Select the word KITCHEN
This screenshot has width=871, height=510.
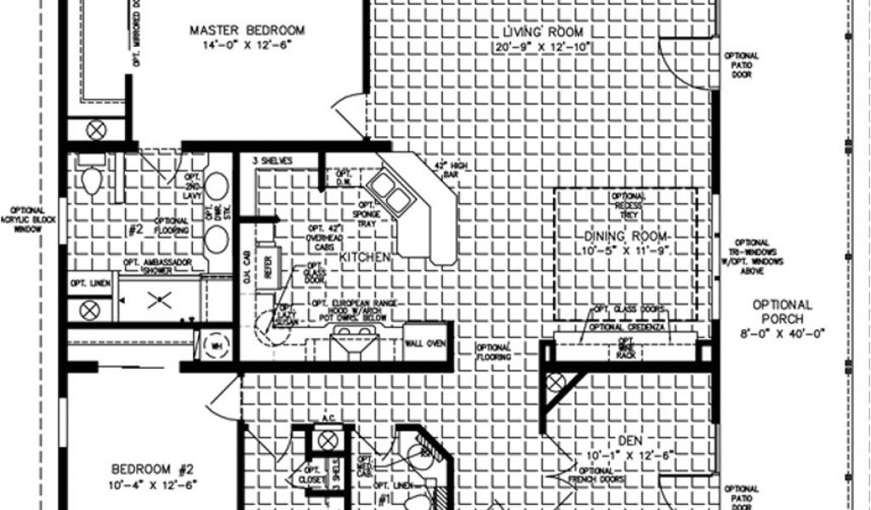pyautogui.click(x=365, y=256)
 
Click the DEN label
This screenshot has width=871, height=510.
pyautogui.click(x=629, y=440)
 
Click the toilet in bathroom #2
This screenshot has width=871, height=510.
pyautogui.click(x=91, y=178)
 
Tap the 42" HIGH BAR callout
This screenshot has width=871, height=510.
pyautogui.click(x=446, y=168)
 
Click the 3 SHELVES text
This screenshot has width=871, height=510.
pyautogui.click(x=272, y=160)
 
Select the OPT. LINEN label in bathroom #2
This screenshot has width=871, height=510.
pyautogui.click(x=89, y=282)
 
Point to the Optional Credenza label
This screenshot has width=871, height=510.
pyautogui.click(x=629, y=327)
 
